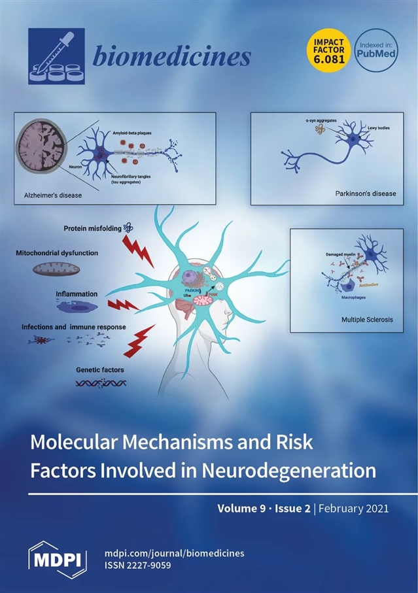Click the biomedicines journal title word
pos(172,57)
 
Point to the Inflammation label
pos(77,294)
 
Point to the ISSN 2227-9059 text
pos(137,565)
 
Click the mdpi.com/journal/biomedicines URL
pos(174,552)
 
